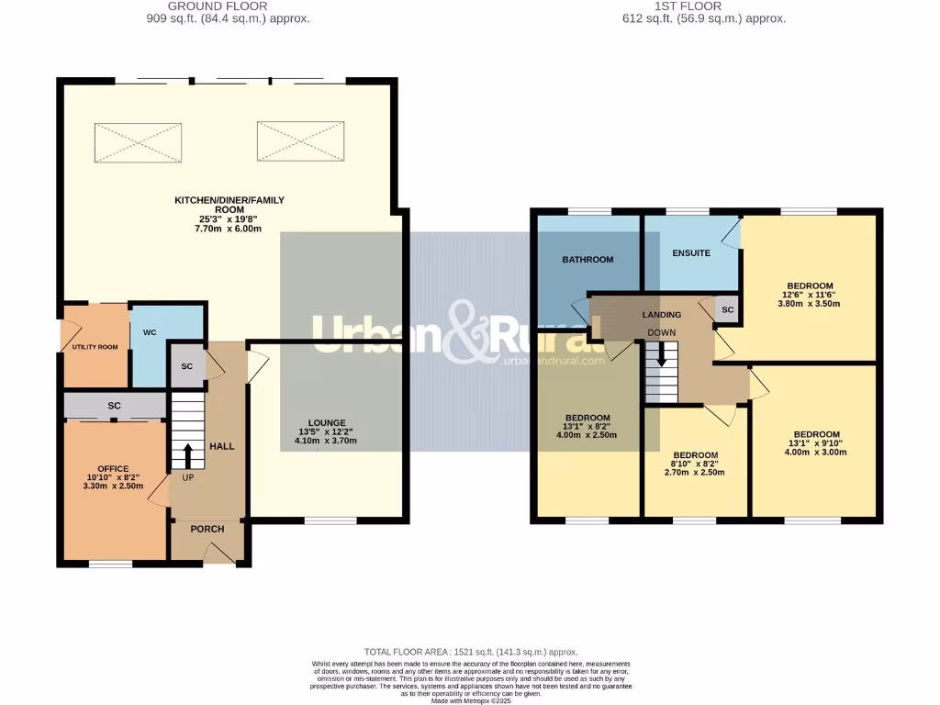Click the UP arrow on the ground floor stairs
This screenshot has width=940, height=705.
tap(188, 455)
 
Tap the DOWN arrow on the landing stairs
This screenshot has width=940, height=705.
tap(661, 355)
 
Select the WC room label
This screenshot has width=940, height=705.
tap(149, 331)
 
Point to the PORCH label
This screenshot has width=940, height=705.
tap(207, 529)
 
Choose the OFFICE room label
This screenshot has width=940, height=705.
tap(114, 469)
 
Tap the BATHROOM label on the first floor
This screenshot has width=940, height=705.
tap(587, 260)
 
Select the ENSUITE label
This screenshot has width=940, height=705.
tap(691, 252)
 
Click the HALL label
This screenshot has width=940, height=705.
tap(222, 446)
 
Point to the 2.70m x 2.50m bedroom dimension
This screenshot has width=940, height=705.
tap(695, 473)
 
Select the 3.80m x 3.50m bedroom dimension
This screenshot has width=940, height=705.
tap(810, 304)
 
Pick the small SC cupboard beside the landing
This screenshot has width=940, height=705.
tap(727, 310)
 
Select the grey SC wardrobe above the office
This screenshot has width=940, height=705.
tap(115, 405)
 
